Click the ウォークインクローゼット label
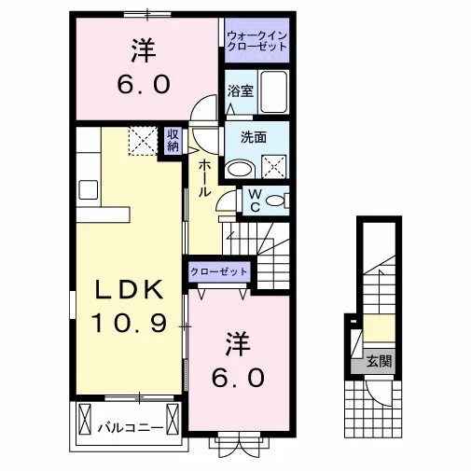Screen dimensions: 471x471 [x=256, y=41]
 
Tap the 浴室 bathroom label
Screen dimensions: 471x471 [x=241, y=90]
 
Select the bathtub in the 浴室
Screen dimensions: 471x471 [x=273, y=92]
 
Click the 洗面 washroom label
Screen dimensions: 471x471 [x=254, y=137]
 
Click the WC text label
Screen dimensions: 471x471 [x=255, y=201]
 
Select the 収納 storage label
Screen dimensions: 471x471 [x=173, y=140]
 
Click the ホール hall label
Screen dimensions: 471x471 [x=204, y=178]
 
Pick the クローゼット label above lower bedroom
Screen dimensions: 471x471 [x=219, y=272]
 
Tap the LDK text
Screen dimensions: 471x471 [x=129, y=289]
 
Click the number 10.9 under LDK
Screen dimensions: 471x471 [x=129, y=323]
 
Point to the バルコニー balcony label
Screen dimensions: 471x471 [x=131, y=428]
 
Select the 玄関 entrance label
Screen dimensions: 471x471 [x=379, y=362]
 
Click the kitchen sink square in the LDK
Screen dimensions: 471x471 [x=89, y=190]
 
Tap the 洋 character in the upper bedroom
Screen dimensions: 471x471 [x=144, y=50]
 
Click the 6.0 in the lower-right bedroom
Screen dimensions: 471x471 [x=238, y=377]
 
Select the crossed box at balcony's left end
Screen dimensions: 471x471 [x=85, y=420]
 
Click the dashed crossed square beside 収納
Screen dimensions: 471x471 [x=144, y=141]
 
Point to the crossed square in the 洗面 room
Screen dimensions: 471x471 [x=274, y=167]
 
